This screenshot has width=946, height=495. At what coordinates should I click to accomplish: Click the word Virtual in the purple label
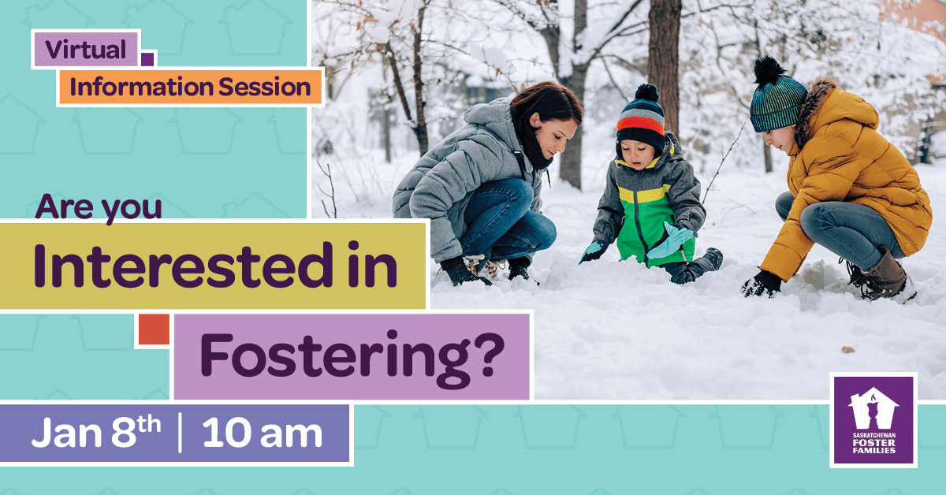point(86,49)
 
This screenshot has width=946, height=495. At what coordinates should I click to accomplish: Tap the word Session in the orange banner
point(265,87)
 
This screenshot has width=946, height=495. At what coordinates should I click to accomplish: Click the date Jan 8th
point(96,432)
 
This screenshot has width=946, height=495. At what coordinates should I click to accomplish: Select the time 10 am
point(263,433)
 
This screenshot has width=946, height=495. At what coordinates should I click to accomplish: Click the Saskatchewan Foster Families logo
point(873,420)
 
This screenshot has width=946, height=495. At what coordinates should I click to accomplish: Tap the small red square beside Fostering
point(155,329)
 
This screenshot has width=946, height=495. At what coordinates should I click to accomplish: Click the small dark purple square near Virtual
point(147,59)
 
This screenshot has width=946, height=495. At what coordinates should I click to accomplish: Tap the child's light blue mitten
point(671,241)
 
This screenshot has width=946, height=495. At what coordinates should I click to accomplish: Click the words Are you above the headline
point(99,208)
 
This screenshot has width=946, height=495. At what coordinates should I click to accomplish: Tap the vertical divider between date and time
point(181,433)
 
